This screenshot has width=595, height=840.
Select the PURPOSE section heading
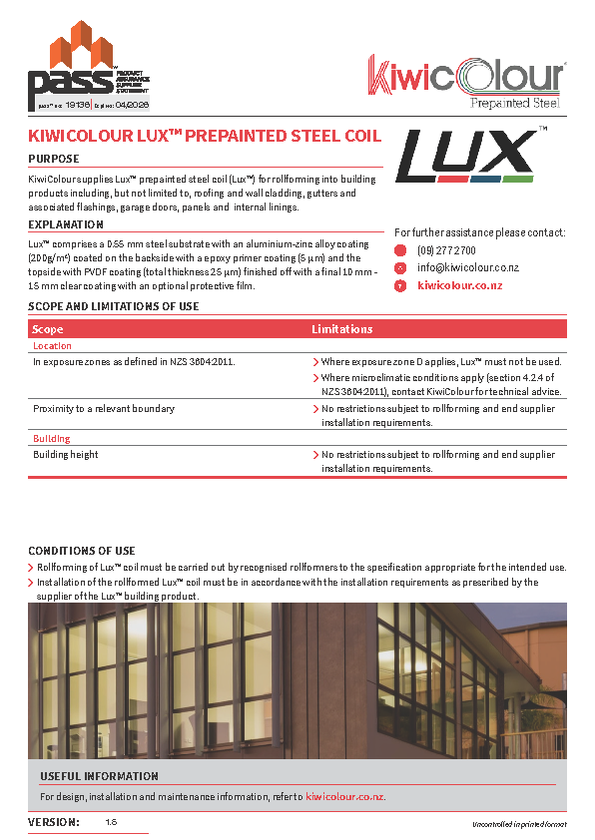54,159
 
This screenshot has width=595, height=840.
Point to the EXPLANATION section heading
66,224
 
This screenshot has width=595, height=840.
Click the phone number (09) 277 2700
446,250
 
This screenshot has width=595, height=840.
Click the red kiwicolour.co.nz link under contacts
459,285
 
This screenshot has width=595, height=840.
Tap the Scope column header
48,329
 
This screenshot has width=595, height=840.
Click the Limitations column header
341,329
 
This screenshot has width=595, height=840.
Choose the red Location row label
52,346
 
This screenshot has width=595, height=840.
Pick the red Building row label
51,439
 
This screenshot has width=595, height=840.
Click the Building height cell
66,455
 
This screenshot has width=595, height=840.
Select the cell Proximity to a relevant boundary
104,409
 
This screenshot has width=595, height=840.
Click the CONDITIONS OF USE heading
82,551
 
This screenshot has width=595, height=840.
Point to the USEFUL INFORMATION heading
99,776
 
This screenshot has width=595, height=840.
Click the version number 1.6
111,822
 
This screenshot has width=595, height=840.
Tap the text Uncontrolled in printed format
519,825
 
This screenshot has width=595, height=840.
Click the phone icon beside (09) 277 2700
400,250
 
